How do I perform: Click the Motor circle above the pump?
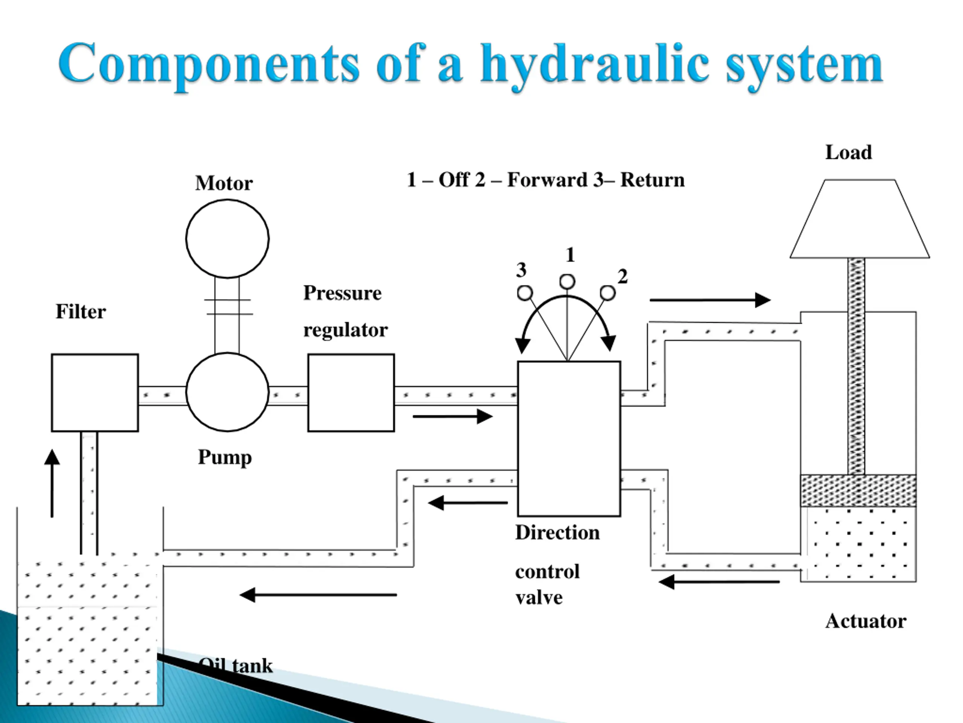227,238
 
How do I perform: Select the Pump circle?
227,392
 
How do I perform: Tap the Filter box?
95,393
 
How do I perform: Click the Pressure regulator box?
351,393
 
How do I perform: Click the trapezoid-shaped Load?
860,219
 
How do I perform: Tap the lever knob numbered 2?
608,293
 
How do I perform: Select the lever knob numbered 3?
525,293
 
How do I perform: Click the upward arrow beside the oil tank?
52,483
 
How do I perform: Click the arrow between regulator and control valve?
453,416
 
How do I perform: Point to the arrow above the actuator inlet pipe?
710,300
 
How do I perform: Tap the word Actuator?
866,621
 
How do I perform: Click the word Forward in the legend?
547,180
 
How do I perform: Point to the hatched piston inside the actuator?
858,490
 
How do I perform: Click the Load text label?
849,153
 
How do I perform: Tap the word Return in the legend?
652,180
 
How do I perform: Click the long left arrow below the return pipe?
318,595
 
